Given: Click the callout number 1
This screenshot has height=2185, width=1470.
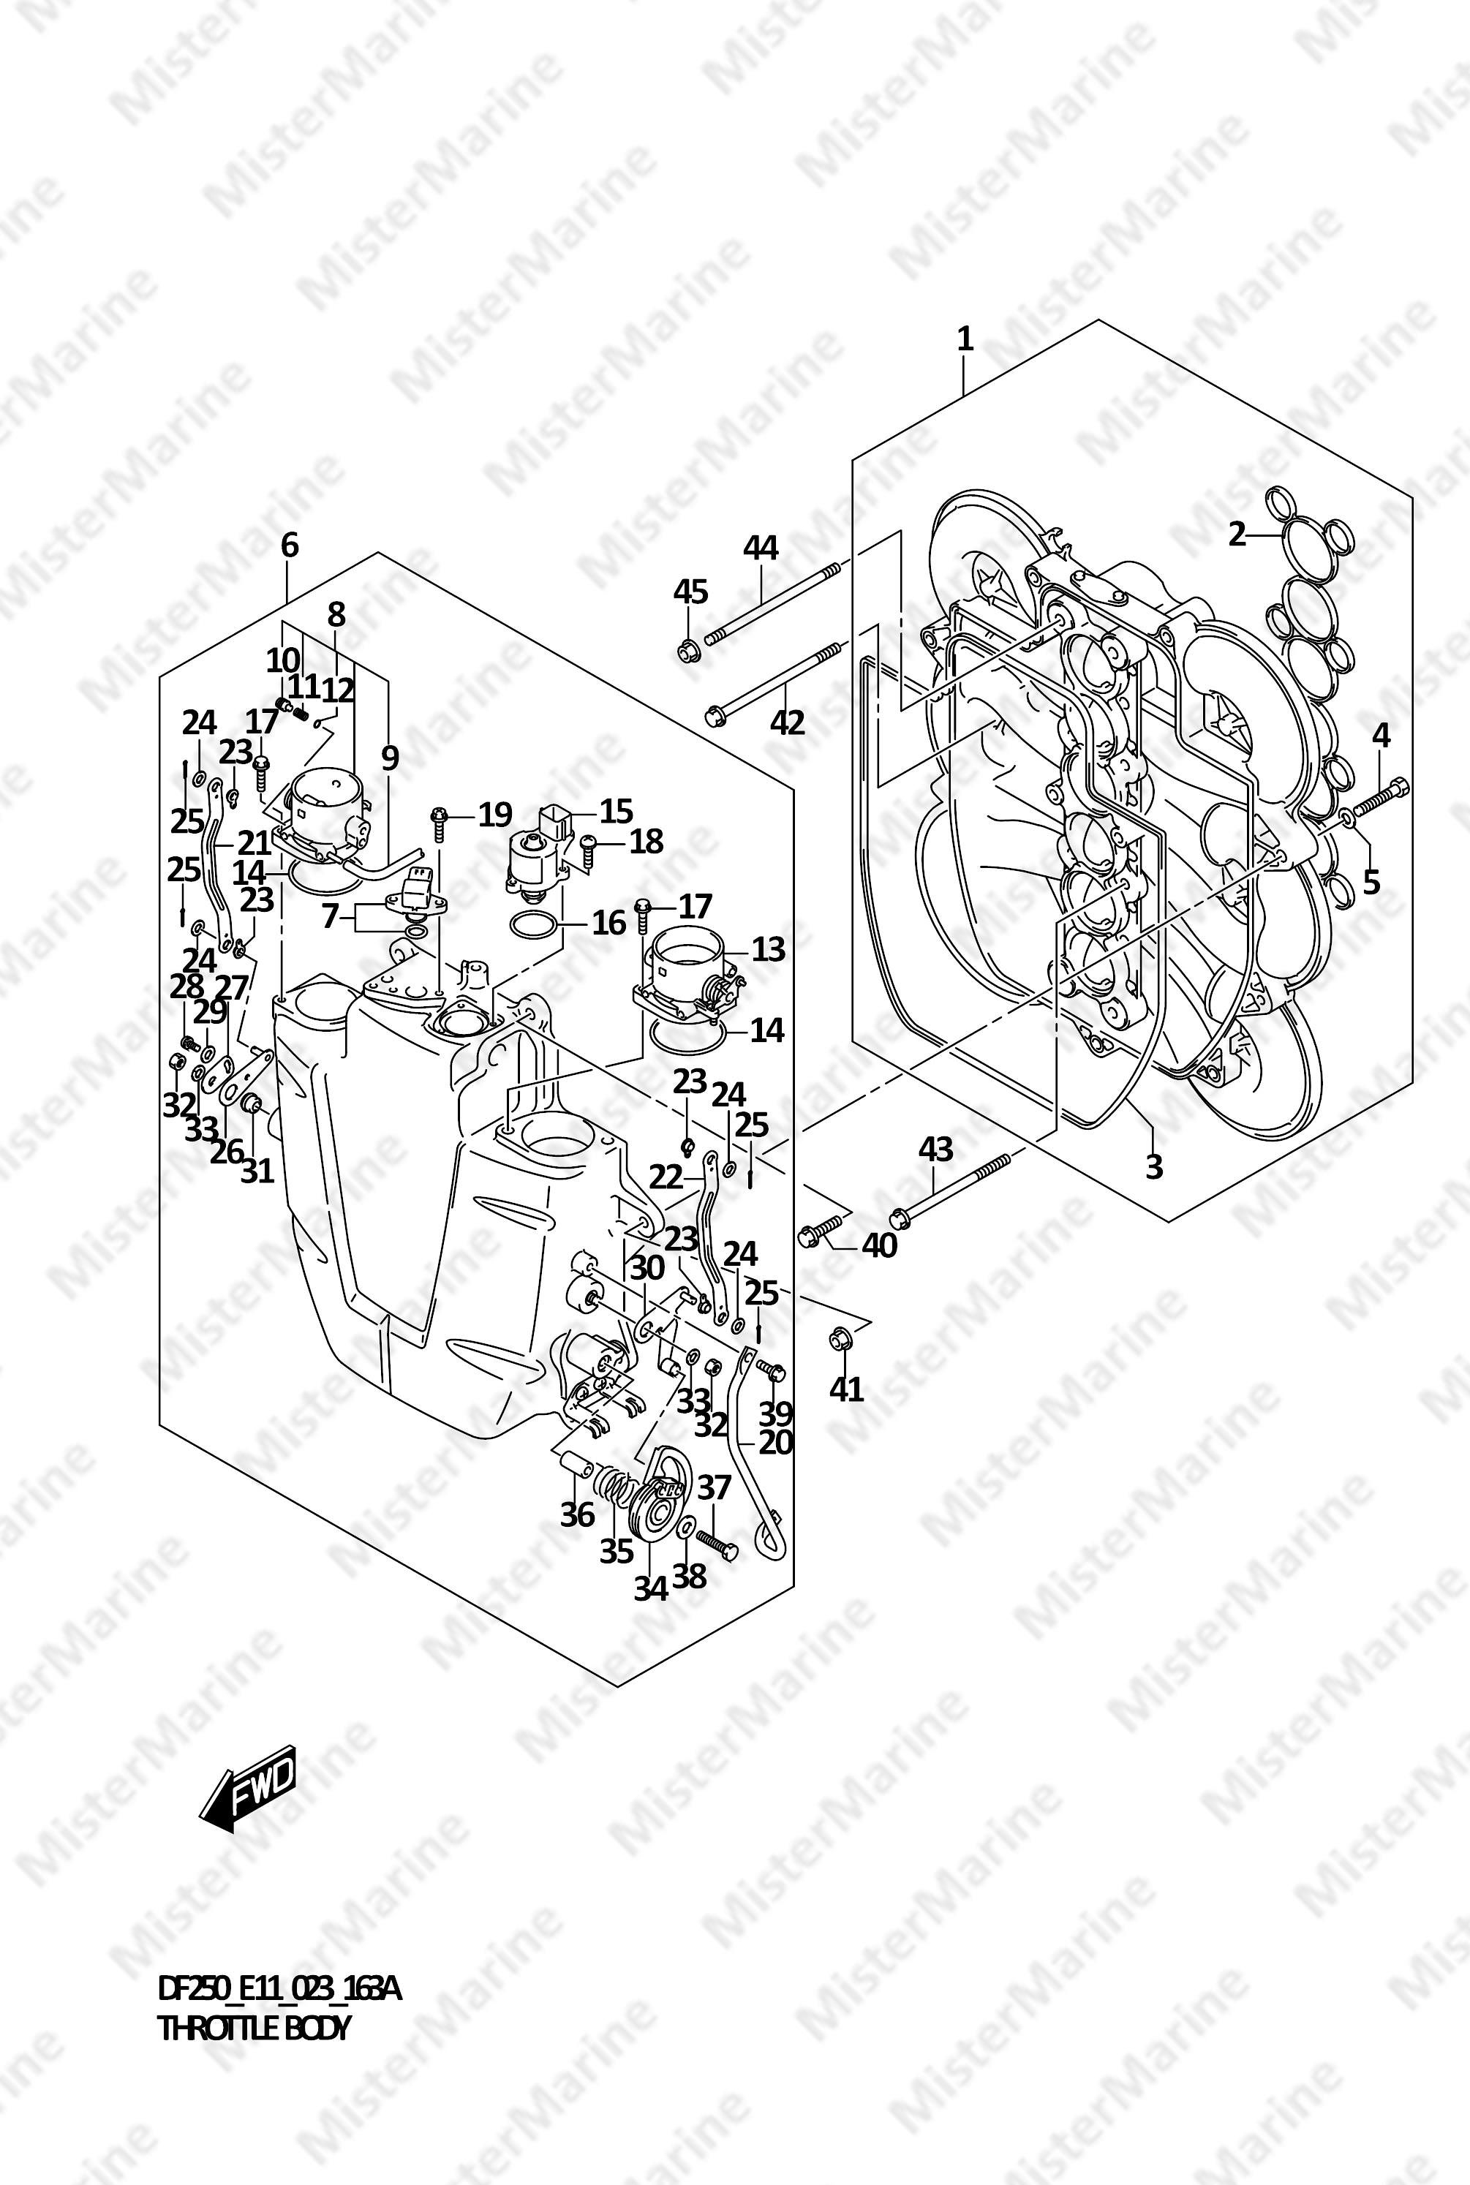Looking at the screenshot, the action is pos(965,339).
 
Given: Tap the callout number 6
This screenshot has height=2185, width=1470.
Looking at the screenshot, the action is pos(289,545).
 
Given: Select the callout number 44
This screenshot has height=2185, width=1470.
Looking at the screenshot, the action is pos(761,548).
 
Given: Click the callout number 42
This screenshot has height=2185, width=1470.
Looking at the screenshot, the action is pos(788,722).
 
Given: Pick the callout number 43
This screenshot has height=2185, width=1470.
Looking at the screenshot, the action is pos(935,1150).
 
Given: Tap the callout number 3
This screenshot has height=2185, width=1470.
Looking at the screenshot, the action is pos(1154,1166).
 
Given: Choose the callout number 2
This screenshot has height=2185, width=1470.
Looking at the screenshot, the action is pos(1237,535).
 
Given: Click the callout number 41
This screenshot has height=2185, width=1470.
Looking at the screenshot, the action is pos(847,1388).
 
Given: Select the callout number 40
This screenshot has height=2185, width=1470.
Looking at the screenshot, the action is pos(879,1246).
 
